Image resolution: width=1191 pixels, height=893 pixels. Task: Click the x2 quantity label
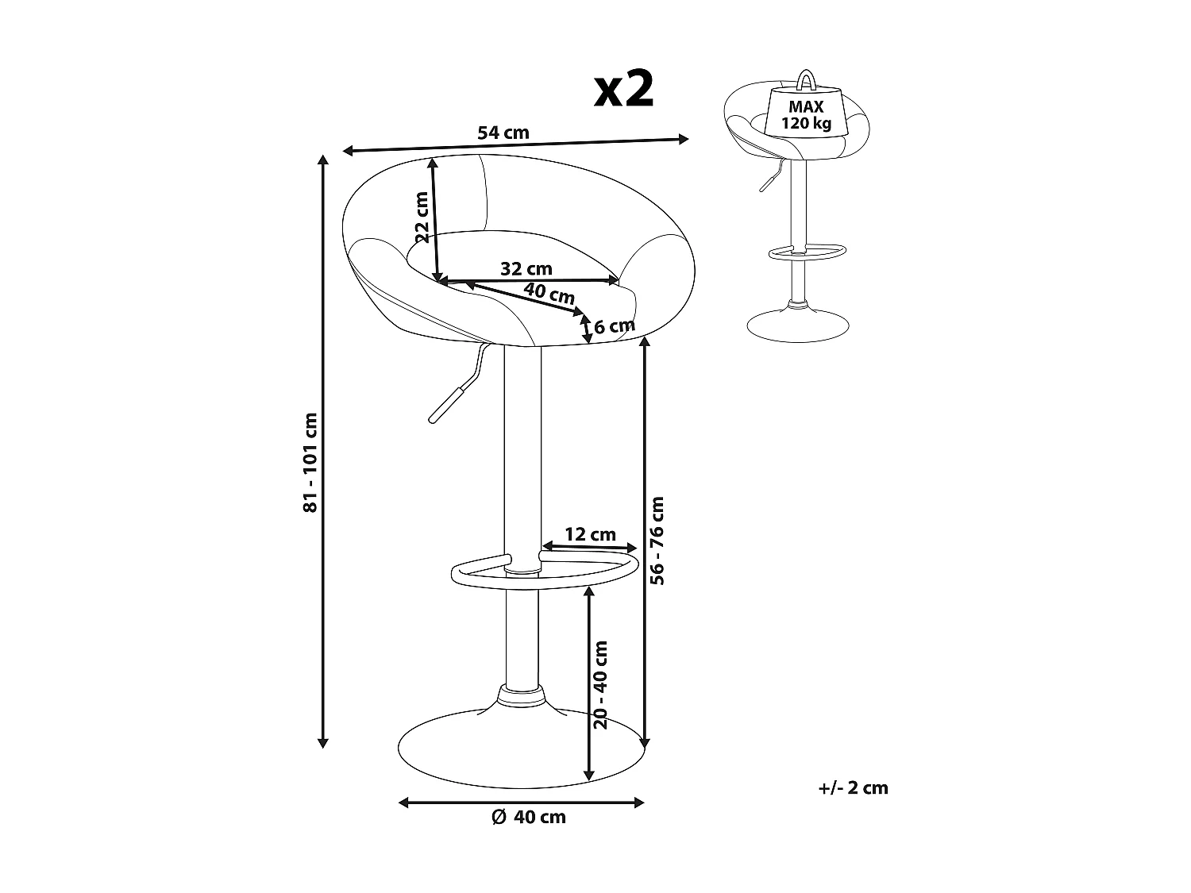click(623, 90)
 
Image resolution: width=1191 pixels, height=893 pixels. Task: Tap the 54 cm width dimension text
click(503, 133)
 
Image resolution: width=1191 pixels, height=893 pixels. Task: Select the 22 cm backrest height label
click(422, 217)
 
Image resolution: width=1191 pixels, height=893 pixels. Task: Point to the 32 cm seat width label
click(526, 269)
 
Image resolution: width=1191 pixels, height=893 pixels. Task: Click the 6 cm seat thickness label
click(615, 326)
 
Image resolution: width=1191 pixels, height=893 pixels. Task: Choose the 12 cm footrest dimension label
click(591, 534)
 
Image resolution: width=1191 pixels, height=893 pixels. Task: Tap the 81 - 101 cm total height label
click(310, 462)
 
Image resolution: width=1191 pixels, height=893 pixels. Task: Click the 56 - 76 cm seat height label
click(657, 540)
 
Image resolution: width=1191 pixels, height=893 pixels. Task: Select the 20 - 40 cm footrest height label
click(601, 685)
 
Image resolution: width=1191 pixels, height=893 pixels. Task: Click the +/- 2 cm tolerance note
click(853, 788)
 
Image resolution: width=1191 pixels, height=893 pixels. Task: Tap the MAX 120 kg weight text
click(806, 115)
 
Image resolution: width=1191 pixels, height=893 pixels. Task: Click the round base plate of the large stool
click(522, 749)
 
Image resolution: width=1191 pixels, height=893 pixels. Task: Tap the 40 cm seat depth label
click(549, 294)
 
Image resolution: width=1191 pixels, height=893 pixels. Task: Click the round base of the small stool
click(798, 325)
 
